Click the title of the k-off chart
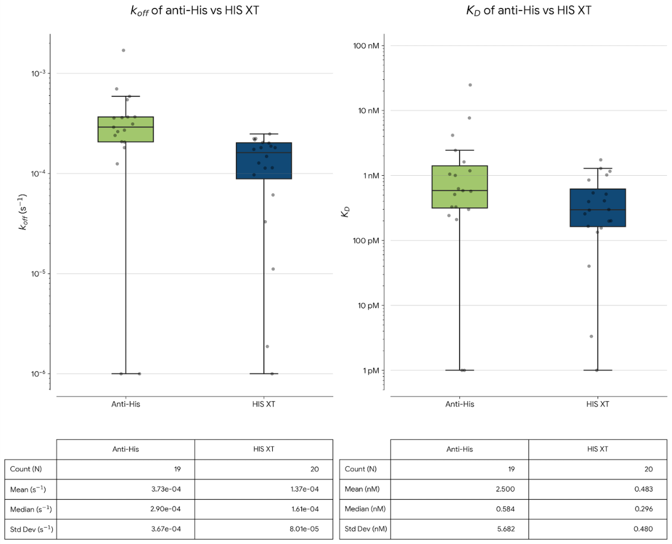[x=195, y=11]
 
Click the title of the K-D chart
[x=529, y=11]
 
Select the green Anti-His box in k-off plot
[x=125, y=130]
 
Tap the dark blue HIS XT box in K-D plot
[x=597, y=208]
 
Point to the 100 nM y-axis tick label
[x=366, y=46]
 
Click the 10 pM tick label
[x=368, y=305]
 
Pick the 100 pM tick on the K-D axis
[x=366, y=241]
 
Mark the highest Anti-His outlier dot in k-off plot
[x=123, y=50]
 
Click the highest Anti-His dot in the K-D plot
[x=470, y=85]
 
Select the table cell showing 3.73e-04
[x=125, y=489]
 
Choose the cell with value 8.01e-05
[x=264, y=529]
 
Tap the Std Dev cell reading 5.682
[x=459, y=529]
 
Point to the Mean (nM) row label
[x=362, y=489]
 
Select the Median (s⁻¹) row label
[x=31, y=509]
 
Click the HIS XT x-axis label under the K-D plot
[x=597, y=404]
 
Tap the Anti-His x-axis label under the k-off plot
[x=125, y=404]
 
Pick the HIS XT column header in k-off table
[x=264, y=449]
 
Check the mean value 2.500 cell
[x=459, y=489]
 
